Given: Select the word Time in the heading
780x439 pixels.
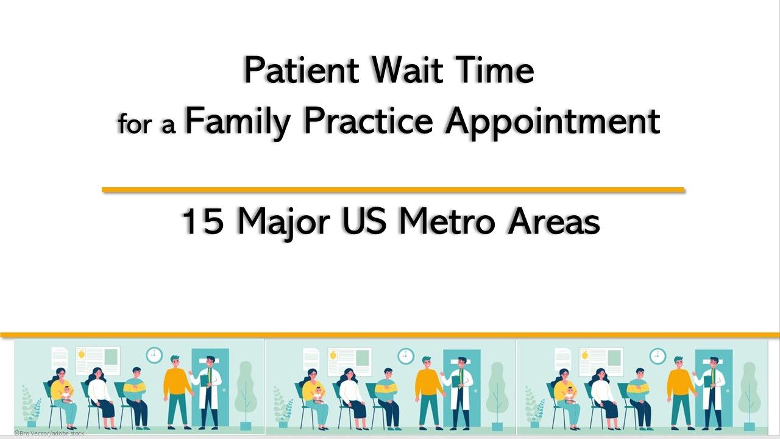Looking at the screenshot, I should tap(498, 71).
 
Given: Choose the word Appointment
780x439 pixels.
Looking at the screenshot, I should tap(552, 121).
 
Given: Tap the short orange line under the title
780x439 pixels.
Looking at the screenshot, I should tap(393, 190).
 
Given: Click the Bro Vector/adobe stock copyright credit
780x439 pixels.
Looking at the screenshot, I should tap(49, 433).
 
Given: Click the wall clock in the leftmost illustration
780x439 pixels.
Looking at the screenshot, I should tap(154, 354).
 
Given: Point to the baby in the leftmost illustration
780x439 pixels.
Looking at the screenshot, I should tap(66, 393).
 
